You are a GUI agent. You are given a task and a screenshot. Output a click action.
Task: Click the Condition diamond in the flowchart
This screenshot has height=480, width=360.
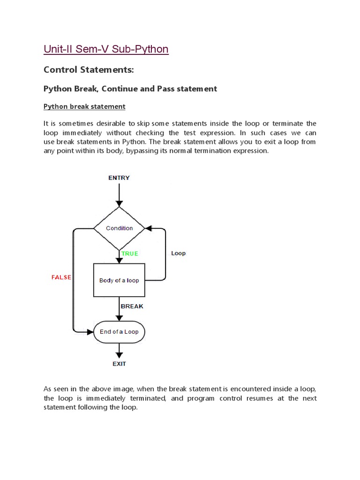pyautogui.click(x=119, y=228)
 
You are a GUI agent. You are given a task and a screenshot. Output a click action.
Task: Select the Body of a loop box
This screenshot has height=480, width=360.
pyautogui.click(x=119, y=280)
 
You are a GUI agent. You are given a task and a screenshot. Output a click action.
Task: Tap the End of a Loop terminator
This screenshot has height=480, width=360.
pyautogui.click(x=119, y=332)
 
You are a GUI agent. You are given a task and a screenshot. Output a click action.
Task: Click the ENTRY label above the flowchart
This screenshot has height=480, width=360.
pyautogui.click(x=119, y=178)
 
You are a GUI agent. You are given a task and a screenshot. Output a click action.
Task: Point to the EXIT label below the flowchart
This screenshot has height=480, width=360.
pyautogui.click(x=119, y=363)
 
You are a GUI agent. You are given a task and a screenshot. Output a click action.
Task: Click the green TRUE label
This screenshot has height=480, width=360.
pyautogui.click(x=130, y=254)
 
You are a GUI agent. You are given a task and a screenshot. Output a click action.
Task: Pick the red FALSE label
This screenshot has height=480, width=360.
pyautogui.click(x=61, y=277)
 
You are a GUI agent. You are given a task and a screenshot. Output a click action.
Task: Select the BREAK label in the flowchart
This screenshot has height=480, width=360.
pyautogui.click(x=132, y=306)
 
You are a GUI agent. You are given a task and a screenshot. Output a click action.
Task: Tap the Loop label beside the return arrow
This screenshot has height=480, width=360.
pyautogui.click(x=178, y=253)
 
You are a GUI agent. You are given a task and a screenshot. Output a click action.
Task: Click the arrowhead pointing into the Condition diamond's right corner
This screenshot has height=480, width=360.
pyautogui.click(x=149, y=228)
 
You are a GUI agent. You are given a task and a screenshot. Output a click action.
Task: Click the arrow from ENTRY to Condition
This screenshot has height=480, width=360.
pyautogui.click(x=119, y=194)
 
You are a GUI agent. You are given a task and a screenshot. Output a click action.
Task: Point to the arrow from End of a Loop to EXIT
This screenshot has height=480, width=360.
pyautogui.click(x=119, y=349)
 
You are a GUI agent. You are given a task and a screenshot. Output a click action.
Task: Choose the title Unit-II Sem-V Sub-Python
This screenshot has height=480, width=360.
pyautogui.click(x=106, y=49)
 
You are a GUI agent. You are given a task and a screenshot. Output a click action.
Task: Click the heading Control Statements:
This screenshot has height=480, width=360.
pyautogui.click(x=89, y=70)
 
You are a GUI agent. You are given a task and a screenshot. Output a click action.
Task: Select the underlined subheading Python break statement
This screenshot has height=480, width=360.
pyautogui.click(x=84, y=106)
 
